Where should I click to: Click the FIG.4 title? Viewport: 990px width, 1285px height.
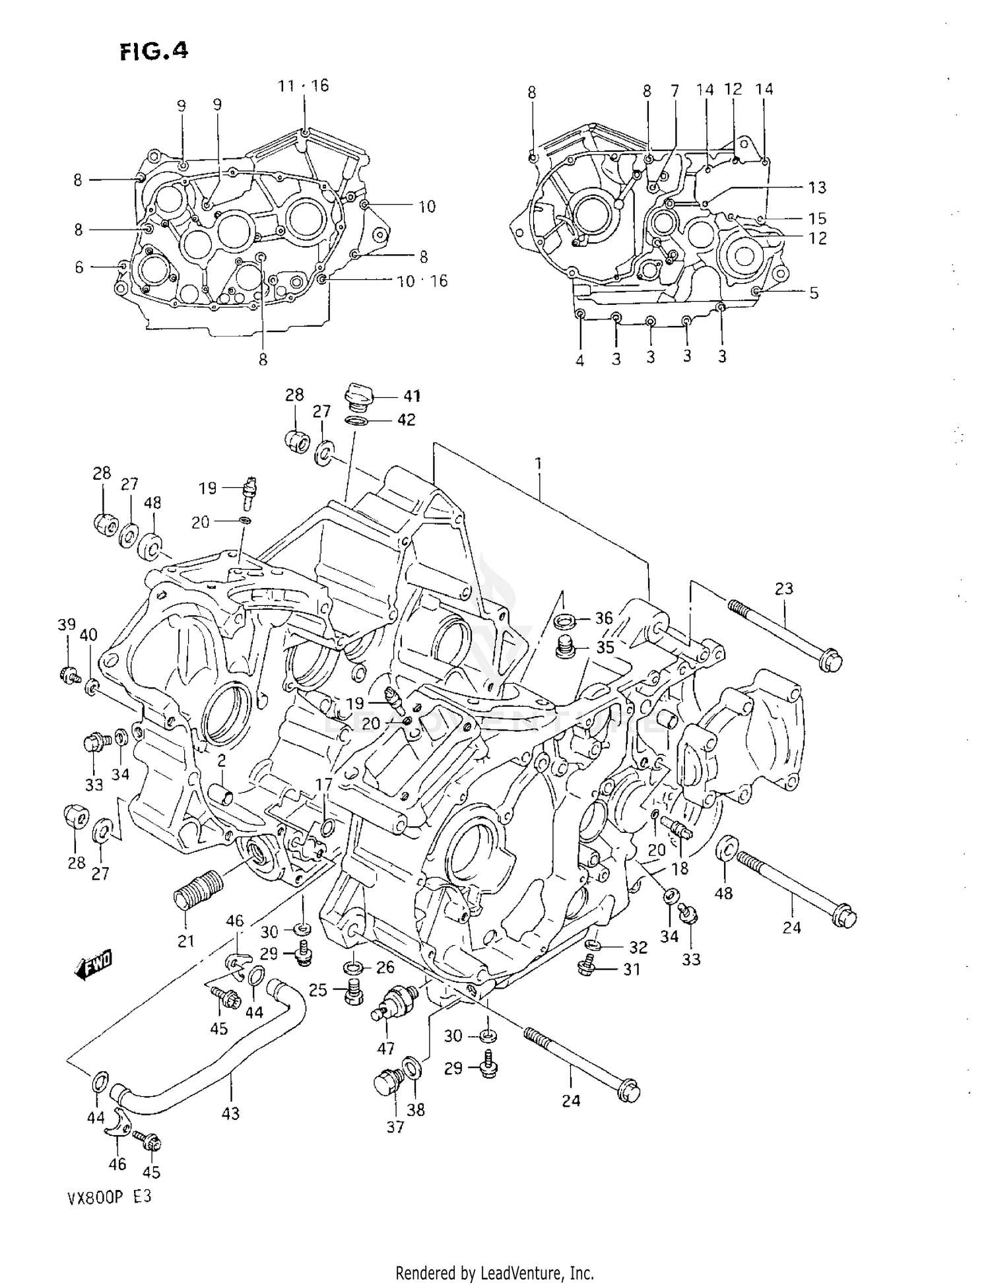(154, 51)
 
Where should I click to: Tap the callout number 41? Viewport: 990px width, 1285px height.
(411, 396)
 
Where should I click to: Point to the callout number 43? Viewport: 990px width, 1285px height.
(230, 1114)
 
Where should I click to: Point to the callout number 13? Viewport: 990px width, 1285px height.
(817, 187)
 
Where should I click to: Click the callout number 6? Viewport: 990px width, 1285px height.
(79, 267)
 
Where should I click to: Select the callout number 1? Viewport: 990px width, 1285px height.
(539, 464)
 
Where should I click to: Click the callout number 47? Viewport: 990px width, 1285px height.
(385, 1047)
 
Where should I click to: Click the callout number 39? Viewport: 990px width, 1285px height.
(67, 624)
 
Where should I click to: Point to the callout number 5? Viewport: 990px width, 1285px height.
(814, 292)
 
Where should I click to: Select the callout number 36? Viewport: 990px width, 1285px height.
(604, 618)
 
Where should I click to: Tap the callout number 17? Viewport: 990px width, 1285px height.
(323, 785)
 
